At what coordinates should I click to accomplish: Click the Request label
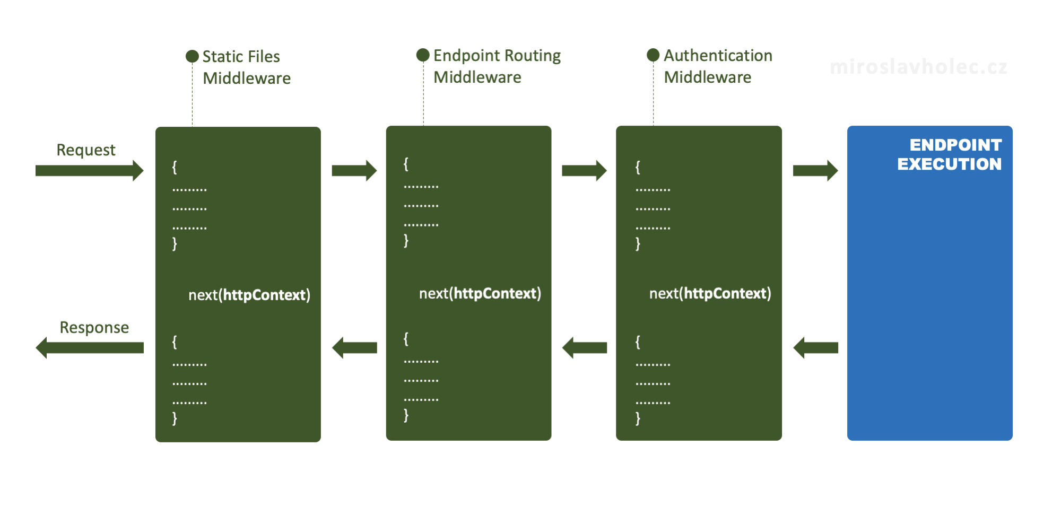click(86, 150)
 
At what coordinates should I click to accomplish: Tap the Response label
click(94, 327)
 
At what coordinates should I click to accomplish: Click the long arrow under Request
click(90, 170)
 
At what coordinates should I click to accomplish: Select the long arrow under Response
click(90, 348)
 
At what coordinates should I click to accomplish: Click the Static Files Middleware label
click(247, 67)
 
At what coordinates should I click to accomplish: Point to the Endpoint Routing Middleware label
click(497, 66)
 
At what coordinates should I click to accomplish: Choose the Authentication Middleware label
click(718, 66)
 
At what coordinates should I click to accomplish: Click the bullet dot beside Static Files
click(192, 56)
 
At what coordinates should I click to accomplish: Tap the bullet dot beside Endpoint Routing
click(423, 55)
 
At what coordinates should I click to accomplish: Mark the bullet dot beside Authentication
click(653, 55)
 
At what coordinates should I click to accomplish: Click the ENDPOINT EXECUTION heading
click(950, 154)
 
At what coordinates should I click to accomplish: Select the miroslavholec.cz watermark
click(918, 67)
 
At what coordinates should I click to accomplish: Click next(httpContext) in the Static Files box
click(249, 295)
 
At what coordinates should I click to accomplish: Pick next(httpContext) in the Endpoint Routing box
click(480, 293)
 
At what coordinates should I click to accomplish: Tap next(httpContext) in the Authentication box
click(710, 293)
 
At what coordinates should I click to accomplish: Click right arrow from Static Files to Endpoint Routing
click(354, 170)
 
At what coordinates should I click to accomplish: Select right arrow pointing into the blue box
click(815, 170)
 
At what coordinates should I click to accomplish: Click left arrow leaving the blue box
click(815, 348)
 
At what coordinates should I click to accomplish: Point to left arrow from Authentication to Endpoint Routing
click(585, 348)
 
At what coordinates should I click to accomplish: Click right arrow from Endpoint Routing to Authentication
click(585, 170)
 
